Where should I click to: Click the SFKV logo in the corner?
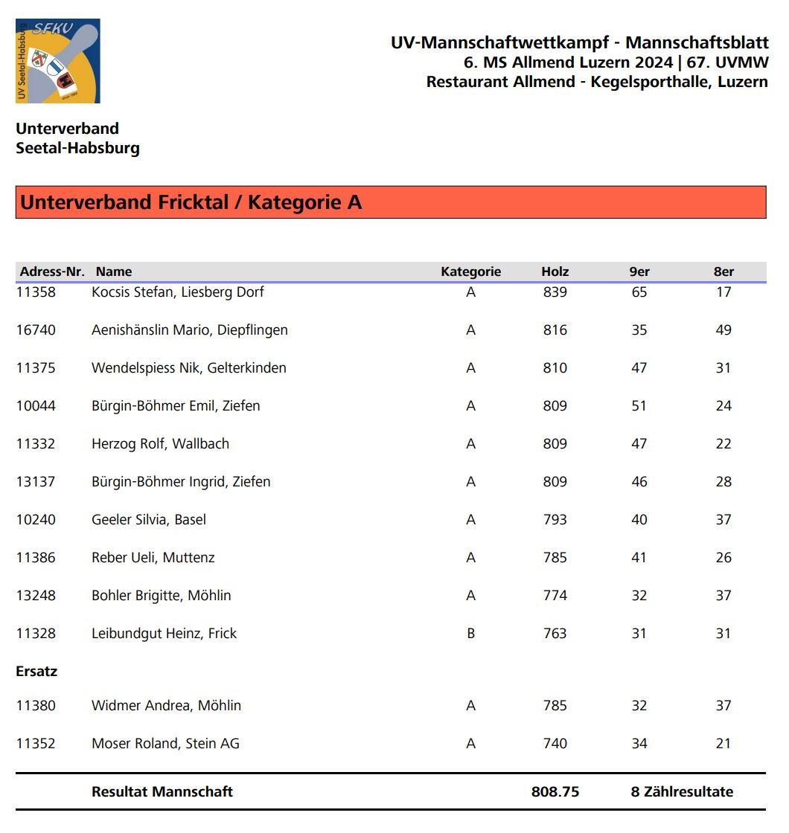coord(57,61)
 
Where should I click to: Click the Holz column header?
coord(555,271)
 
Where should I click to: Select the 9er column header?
coord(639,271)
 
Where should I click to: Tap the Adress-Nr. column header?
coord(51,271)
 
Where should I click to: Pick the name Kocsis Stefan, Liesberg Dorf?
coord(177,292)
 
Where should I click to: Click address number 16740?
coord(36,329)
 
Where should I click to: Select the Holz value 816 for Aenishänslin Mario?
coord(555,329)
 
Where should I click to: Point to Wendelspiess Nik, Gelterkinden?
coord(188,367)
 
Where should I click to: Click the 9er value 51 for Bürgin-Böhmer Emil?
coord(639,405)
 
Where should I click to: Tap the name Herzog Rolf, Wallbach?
coord(160,443)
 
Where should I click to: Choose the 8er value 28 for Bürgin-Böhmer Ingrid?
coord(723,481)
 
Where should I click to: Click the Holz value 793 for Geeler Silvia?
coord(555,519)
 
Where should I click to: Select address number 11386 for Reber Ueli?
coord(36,557)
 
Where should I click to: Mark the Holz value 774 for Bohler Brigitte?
coord(555,595)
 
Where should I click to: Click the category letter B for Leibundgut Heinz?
coord(470,633)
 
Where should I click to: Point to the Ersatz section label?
coord(36,671)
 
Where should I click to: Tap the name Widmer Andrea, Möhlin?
coord(166,705)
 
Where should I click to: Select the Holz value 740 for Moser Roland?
coord(555,743)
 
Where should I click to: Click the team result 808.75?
coord(555,791)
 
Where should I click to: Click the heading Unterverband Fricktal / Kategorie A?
coord(191,202)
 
